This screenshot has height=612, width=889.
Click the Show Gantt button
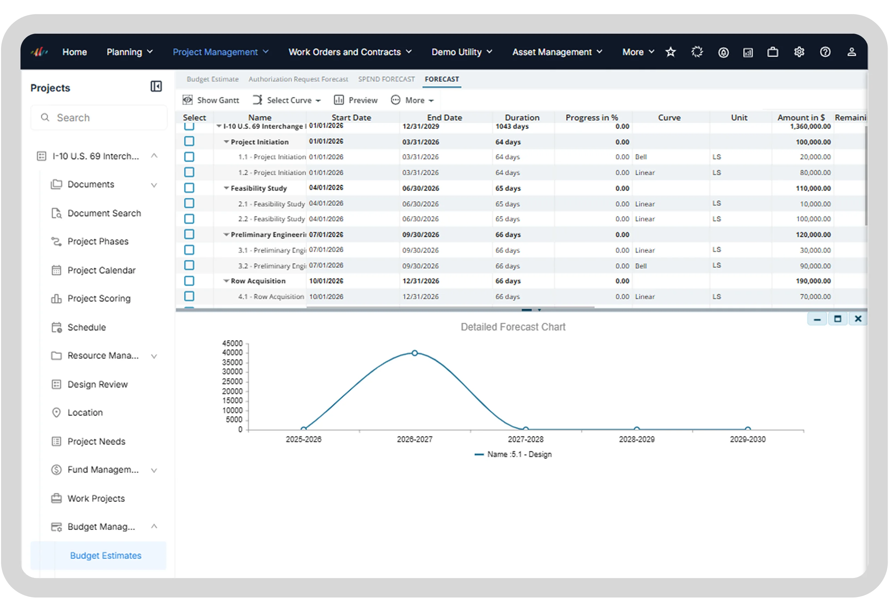point(210,100)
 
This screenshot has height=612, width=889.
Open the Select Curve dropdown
point(286,100)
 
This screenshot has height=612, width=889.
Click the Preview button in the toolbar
point(356,100)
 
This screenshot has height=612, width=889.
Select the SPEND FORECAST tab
point(386,79)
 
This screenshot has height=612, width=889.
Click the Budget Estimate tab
point(213,79)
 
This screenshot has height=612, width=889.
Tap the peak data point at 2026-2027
point(415,353)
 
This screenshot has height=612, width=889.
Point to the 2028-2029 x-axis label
point(637,439)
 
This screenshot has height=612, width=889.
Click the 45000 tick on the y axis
point(232,343)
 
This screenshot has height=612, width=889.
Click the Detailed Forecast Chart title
point(513,327)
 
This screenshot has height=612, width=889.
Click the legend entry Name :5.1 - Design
point(513,454)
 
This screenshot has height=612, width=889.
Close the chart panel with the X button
point(858,319)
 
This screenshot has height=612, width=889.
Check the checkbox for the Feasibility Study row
point(189,188)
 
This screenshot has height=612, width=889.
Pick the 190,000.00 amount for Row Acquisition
point(813,281)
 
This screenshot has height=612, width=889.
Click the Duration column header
point(522,117)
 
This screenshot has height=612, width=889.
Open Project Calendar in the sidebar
point(101,270)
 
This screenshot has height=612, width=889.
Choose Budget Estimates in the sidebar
point(106,556)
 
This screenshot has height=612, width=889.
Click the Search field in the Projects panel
point(99,118)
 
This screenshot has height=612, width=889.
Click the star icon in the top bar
point(670,52)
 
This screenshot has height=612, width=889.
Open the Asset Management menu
point(557,52)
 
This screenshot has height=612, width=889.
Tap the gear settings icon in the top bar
point(799,52)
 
